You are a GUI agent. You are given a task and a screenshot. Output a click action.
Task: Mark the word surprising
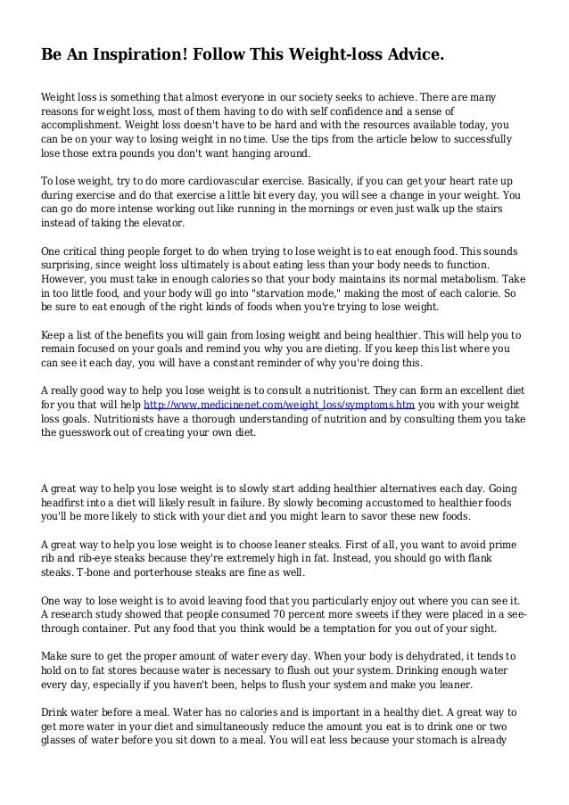coord(69,266)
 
